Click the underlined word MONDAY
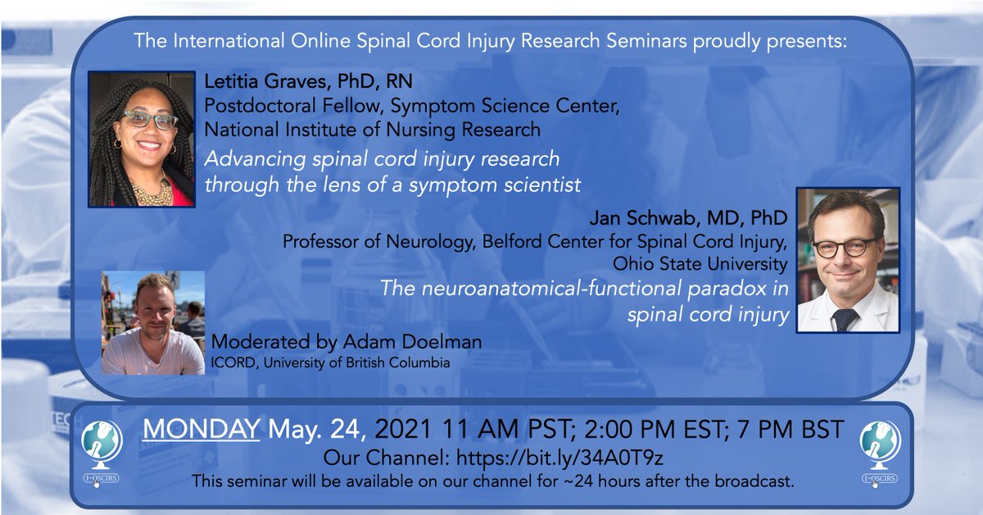pyautogui.click(x=202, y=430)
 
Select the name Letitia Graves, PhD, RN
pyautogui.click(x=308, y=82)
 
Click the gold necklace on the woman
pyautogui.click(x=152, y=192)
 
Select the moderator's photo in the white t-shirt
pyautogui.click(x=152, y=323)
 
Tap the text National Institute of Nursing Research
pyautogui.click(x=372, y=129)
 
